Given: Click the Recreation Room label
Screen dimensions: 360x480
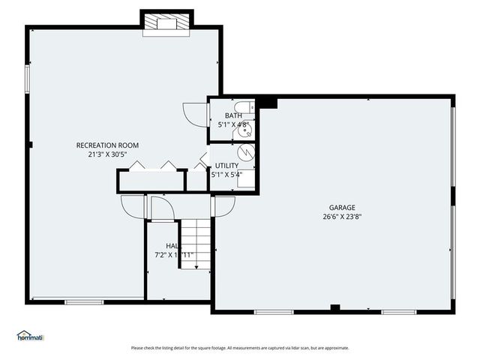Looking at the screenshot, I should coord(107,145).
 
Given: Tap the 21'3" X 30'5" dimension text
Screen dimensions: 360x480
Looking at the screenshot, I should coord(107,154).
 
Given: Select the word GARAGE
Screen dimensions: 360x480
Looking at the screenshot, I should coord(341,208).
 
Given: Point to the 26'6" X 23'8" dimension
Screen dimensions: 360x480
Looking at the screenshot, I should coord(341,217).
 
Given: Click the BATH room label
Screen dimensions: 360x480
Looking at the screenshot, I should coord(233,115).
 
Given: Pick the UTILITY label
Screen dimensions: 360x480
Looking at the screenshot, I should coord(227,165).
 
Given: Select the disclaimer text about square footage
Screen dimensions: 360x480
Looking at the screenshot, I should coord(240,348).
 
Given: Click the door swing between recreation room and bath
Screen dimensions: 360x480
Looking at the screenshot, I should coord(195,114).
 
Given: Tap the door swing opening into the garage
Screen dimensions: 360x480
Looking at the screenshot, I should coord(223,205).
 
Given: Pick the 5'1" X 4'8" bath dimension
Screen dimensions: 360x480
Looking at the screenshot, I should coord(233,124).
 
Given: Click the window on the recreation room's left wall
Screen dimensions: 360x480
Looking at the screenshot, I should coord(27,79).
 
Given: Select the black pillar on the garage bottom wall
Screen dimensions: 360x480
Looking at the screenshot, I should coord(334,307).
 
